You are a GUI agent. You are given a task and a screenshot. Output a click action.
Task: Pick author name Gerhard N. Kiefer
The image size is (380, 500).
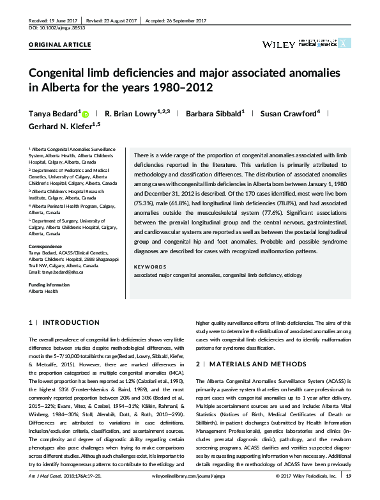pyautogui.click(x=63, y=127)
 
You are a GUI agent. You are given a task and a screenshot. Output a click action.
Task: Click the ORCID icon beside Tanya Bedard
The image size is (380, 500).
pyautogui.click(x=85, y=114)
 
